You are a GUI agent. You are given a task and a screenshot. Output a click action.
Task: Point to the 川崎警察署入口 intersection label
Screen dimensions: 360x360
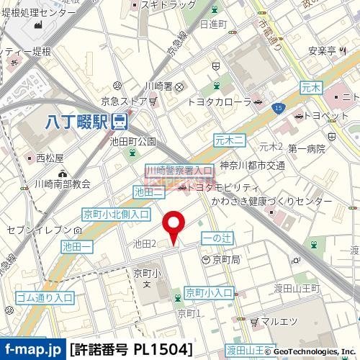[179, 170]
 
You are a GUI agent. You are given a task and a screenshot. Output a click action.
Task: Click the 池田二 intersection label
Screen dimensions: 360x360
[150, 192]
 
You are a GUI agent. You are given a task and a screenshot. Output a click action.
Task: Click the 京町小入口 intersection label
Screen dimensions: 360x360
[209, 292]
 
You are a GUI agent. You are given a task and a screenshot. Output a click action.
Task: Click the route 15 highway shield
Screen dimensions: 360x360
[278, 107]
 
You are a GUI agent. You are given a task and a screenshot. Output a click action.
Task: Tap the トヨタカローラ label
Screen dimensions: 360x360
[218, 102]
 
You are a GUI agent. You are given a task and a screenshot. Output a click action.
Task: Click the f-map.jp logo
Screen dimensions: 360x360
[33, 349]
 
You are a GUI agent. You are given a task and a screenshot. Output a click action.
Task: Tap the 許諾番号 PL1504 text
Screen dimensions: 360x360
[132, 349]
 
